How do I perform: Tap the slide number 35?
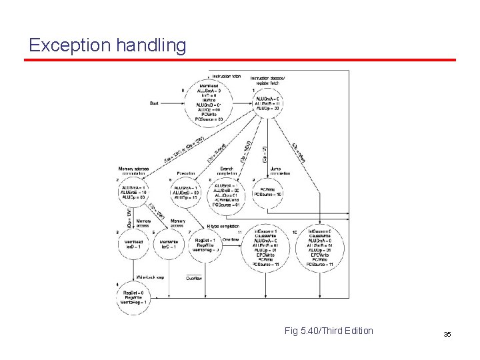pos(447,333)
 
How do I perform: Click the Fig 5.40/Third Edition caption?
pos(329,331)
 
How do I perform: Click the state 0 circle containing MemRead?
pos(209,103)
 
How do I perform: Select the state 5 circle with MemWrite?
pos(170,245)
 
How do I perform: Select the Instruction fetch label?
pos(225,76)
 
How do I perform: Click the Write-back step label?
pos(150,276)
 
